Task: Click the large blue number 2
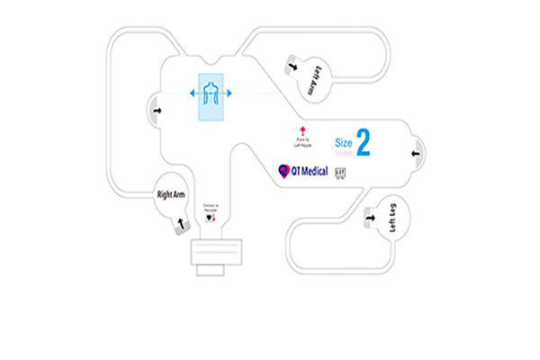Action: click(x=364, y=142)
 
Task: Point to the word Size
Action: click(x=343, y=142)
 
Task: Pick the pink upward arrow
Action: click(x=301, y=130)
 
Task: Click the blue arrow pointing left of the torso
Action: click(x=192, y=94)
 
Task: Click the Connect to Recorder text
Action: click(x=211, y=207)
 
